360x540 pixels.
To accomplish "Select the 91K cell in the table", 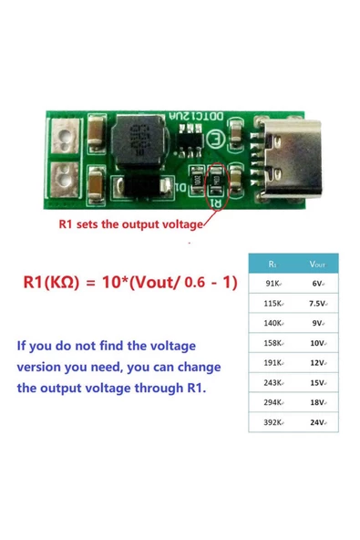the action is point(273,284).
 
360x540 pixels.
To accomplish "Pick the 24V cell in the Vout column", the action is point(316,423).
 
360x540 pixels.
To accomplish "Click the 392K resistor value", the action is point(273,423).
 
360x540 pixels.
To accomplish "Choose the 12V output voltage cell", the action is point(316,363).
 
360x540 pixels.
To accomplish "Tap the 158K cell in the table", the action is point(273,343).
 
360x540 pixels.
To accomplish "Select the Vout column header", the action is point(316,264).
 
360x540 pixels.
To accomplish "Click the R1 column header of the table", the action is point(273,264).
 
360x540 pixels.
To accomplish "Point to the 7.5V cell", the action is point(316,303).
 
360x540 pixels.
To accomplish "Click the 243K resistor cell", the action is point(273,383).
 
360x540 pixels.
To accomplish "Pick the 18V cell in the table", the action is point(316,403).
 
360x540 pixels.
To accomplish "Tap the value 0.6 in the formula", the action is point(194,284).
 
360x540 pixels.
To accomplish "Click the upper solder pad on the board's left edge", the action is point(65,139).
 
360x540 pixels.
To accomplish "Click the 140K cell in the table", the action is point(273,323).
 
